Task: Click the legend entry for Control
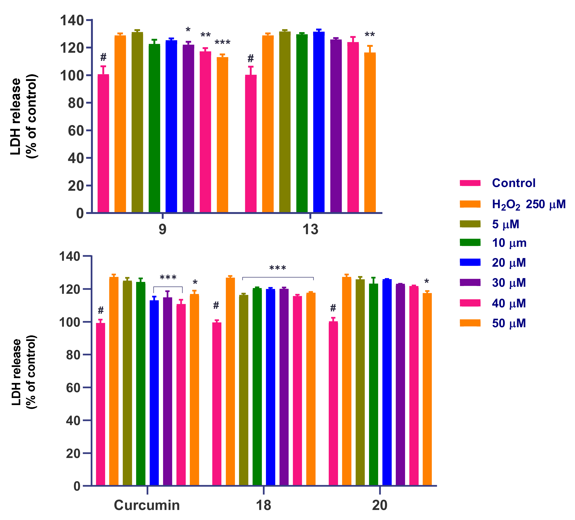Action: pyautogui.click(x=513, y=183)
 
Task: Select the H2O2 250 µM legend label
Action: pyautogui.click(x=529, y=204)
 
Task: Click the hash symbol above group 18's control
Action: pyautogui.click(x=216, y=305)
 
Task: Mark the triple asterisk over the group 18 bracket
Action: pyautogui.click(x=277, y=268)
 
